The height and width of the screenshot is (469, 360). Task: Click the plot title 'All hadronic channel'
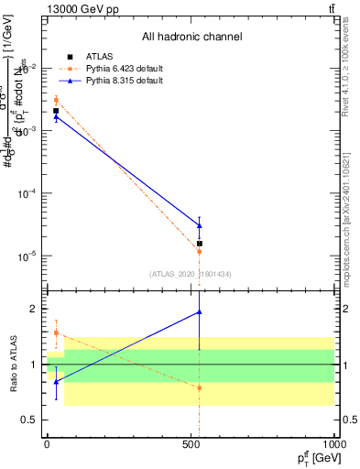point(191,37)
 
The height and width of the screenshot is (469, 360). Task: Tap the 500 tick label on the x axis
point(191,444)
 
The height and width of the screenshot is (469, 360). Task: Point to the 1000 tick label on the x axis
point(333,444)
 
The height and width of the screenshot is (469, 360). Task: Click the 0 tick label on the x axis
point(47,444)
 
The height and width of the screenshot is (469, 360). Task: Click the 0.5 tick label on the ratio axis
point(28,420)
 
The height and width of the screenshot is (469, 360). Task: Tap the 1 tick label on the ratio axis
point(32,365)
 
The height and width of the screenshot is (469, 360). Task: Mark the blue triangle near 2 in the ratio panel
point(199,312)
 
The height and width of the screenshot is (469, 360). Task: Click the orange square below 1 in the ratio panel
point(199,387)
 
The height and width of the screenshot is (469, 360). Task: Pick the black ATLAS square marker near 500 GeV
point(199,244)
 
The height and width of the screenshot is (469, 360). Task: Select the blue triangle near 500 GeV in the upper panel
point(199,225)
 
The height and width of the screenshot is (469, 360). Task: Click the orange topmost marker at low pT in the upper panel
point(56,100)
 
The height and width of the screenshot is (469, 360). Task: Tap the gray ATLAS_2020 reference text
point(189,273)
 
